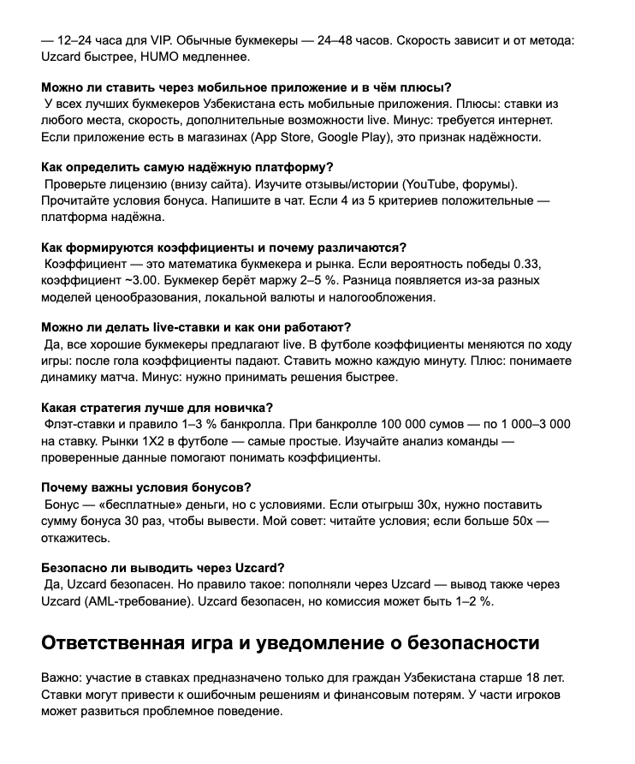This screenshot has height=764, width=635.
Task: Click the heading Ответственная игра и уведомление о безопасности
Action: coord(291,643)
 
